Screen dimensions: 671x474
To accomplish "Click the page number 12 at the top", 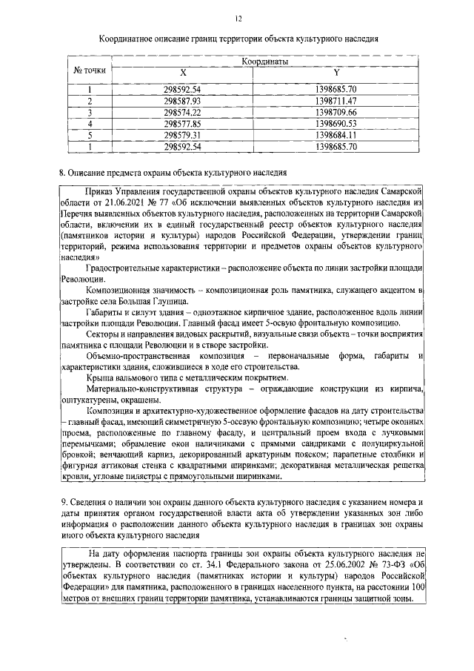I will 238,17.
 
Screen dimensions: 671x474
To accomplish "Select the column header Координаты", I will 264,62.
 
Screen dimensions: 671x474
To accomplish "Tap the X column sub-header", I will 183,73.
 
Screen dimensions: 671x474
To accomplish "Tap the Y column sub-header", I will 336,73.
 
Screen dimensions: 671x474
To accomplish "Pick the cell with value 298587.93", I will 182,101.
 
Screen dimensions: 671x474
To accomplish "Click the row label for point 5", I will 89,136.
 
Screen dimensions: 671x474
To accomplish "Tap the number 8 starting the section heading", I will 62,173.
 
